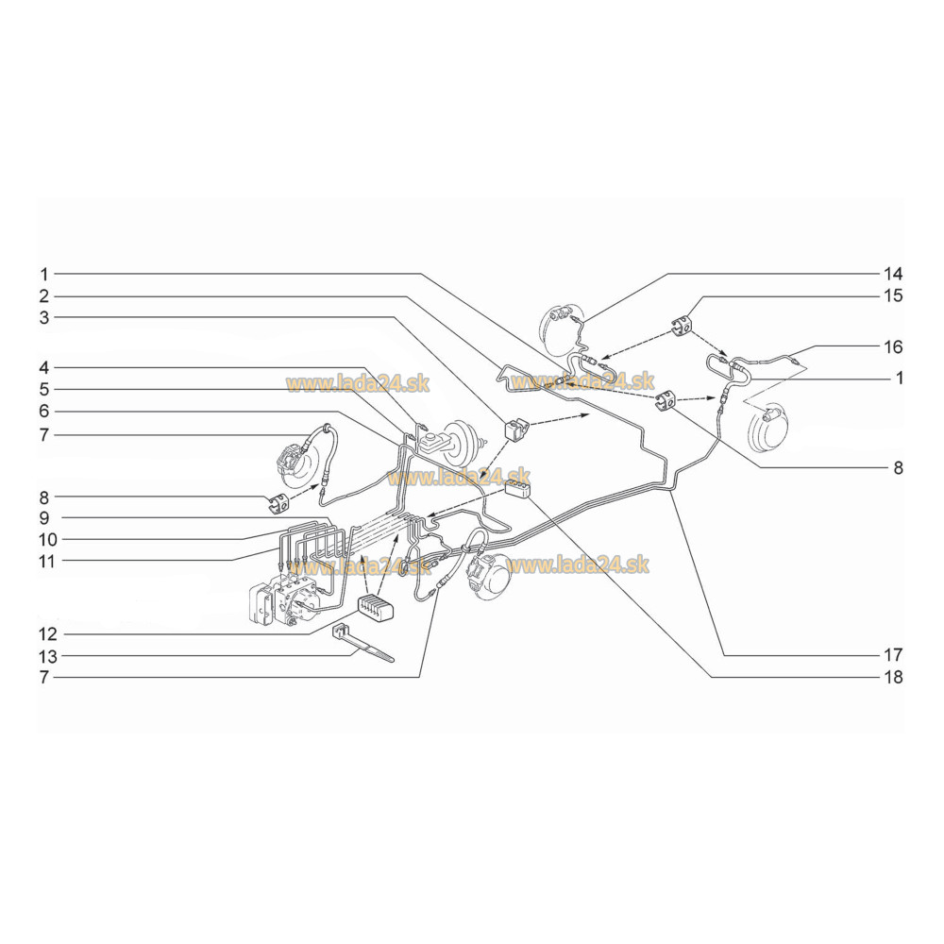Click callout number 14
(893, 274)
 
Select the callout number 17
(893, 654)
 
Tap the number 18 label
(893, 677)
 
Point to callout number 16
(893, 346)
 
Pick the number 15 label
(893, 295)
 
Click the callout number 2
(44, 296)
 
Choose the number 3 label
(44, 317)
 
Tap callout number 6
(44, 412)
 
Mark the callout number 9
(44, 517)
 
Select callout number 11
(47, 562)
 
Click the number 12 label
(47, 634)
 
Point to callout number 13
(47, 656)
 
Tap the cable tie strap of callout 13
(362, 643)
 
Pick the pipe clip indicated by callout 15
(683, 325)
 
